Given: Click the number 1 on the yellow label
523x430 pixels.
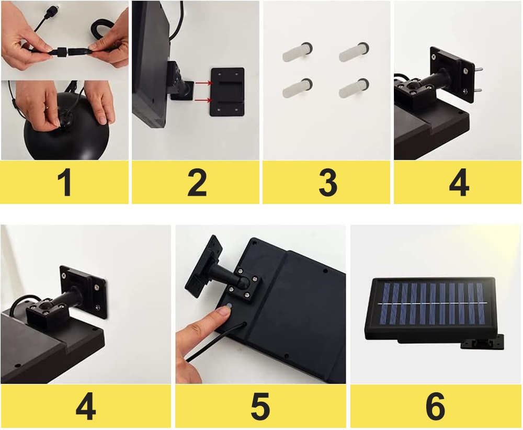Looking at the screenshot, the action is coord(64,183).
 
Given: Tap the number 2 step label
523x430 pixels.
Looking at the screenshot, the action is coord(197,183).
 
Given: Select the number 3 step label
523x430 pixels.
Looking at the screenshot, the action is coord(328,183).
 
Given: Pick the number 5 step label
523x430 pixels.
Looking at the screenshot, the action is coord(260,406).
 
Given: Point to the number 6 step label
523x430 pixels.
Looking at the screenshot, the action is coord(435,406).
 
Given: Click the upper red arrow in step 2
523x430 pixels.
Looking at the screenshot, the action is coord(203,83).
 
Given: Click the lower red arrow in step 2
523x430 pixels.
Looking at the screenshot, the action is coord(203,100).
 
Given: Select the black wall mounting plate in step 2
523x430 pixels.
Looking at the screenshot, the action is coord(228,92).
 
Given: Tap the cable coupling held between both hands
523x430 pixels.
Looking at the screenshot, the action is coord(63,52).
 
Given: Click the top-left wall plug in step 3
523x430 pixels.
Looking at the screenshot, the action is coord(298,52).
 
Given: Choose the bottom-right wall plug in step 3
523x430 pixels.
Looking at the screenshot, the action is coord(354,88).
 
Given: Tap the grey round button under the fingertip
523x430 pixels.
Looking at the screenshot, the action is coord(229,305).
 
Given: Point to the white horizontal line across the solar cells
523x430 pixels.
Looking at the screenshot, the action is coord(433,303).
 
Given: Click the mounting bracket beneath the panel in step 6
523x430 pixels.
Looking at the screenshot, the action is coord(482,342).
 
